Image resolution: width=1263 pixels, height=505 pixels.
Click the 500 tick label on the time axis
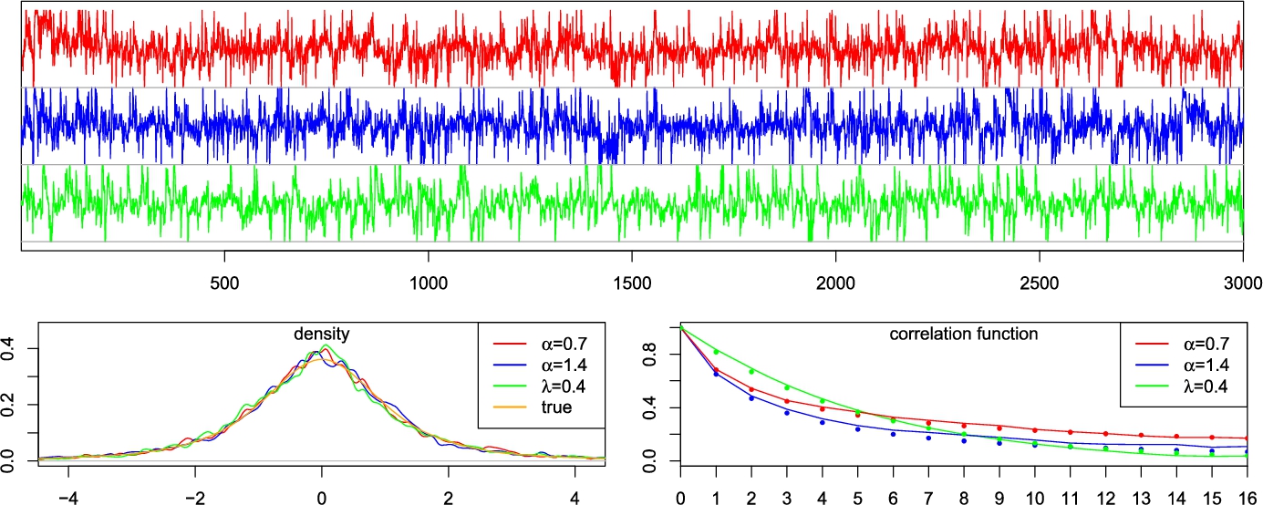[224, 283]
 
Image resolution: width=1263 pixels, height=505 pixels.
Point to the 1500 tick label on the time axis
[632, 283]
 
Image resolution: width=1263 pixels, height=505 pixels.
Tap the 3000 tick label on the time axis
[1243, 283]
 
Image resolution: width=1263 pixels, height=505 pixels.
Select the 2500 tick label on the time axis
[1040, 283]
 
